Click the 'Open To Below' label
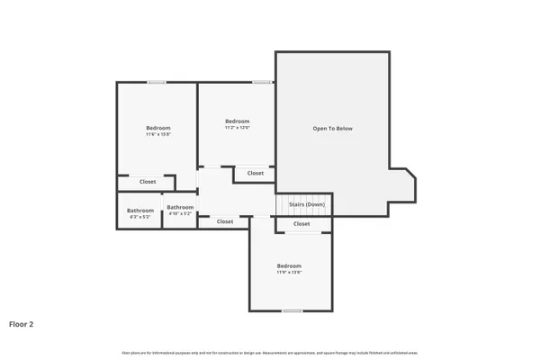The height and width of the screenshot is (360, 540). (x=332, y=129)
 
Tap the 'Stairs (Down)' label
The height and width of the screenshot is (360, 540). (x=307, y=205)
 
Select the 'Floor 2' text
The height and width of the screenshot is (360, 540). (x=22, y=323)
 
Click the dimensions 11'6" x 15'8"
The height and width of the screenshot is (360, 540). (x=158, y=135)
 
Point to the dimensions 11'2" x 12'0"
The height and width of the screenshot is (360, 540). (x=238, y=128)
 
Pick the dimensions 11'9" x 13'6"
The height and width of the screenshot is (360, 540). (x=289, y=273)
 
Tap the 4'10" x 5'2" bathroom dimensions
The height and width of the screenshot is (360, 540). (x=180, y=213)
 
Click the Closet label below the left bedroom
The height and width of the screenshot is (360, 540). (x=148, y=182)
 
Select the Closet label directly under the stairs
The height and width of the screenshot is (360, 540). (x=301, y=224)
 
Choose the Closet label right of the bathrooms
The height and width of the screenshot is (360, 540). (x=225, y=221)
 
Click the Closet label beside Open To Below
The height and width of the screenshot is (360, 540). (x=256, y=173)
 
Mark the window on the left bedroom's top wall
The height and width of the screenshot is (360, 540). (x=157, y=83)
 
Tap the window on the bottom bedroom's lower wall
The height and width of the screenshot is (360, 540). (x=292, y=311)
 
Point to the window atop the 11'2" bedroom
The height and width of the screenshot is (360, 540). (x=262, y=83)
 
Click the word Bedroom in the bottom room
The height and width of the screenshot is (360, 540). (x=289, y=265)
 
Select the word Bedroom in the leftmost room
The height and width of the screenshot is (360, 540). (x=158, y=128)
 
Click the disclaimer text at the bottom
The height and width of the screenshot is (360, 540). (x=270, y=352)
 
